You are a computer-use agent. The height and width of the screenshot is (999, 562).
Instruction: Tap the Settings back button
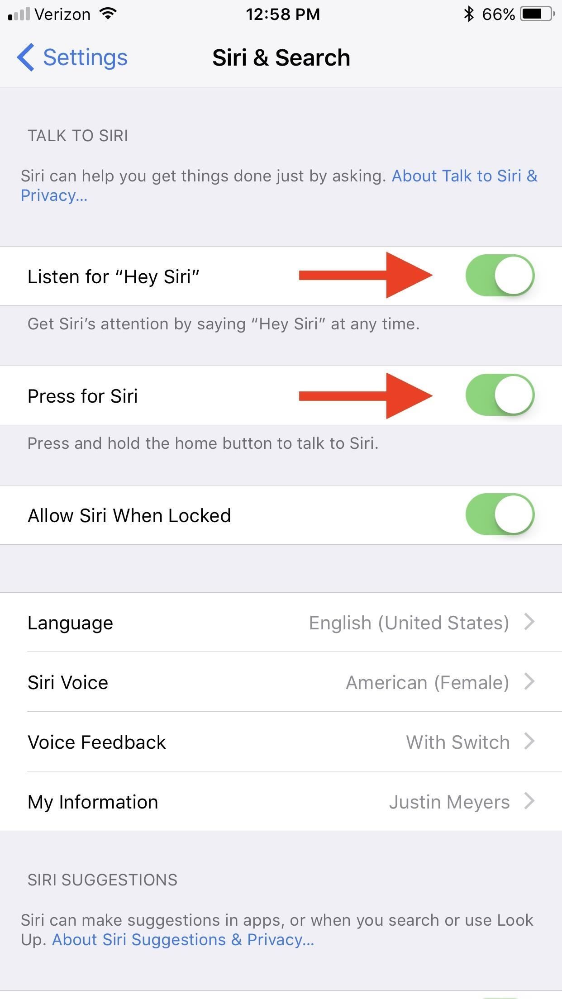[x=72, y=57]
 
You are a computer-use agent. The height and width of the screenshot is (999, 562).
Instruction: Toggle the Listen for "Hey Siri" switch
[x=500, y=276]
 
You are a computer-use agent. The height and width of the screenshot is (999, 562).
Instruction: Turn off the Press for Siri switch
[x=500, y=395]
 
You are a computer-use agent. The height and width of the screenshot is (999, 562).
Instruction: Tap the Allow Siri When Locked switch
[x=500, y=514]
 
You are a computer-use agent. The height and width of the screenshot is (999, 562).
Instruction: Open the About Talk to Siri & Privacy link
[x=464, y=176]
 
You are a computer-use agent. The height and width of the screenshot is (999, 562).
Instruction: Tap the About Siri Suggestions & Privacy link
[x=183, y=940]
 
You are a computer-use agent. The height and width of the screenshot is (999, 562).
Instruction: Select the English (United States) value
[x=409, y=623]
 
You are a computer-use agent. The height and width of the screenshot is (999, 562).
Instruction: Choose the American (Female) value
[x=427, y=683]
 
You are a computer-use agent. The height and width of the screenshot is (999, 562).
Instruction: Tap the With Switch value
[x=457, y=742]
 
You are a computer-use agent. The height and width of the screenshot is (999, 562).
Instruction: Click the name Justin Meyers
[x=449, y=802]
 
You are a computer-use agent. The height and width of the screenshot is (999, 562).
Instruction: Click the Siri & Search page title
[x=281, y=58]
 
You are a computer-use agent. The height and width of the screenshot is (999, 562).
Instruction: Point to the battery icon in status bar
[x=538, y=14]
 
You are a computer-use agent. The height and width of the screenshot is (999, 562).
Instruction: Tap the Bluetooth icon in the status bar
[x=469, y=14]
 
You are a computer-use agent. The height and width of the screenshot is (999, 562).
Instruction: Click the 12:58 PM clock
[x=283, y=14]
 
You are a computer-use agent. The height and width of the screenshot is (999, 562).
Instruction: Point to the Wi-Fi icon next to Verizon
[x=108, y=14]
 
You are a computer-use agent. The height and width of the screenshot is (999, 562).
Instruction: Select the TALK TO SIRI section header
[x=78, y=136]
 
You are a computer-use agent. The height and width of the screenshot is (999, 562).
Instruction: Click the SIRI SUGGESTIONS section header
[x=102, y=880]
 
